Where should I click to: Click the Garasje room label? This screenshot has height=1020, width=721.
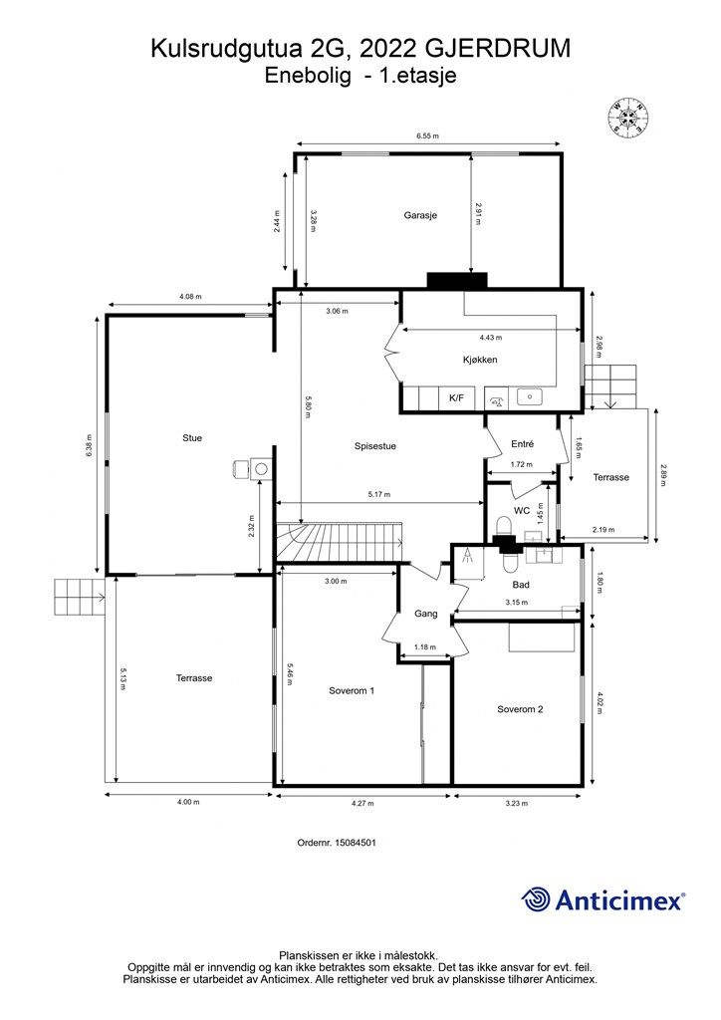(420, 215)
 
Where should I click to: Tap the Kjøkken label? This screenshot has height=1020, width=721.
(480, 360)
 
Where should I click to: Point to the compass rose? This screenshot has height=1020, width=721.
(628, 118)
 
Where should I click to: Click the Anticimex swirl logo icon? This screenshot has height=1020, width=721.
(536, 899)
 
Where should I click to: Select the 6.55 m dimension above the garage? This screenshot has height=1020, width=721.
(428, 135)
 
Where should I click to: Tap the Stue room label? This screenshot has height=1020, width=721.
(192, 438)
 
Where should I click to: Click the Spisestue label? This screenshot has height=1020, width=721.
(375, 446)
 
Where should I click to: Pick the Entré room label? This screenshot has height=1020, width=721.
(522, 443)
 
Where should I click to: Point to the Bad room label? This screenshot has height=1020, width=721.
(521, 585)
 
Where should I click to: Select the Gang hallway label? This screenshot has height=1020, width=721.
(426, 614)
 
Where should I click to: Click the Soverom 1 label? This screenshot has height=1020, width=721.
(352, 691)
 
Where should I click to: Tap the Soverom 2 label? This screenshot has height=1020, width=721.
(520, 709)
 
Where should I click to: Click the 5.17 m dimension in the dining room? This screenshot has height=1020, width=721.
(379, 495)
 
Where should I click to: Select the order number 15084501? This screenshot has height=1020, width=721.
(337, 843)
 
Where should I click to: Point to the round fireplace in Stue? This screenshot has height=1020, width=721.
(262, 468)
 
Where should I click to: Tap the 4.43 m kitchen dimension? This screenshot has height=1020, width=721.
(491, 338)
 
